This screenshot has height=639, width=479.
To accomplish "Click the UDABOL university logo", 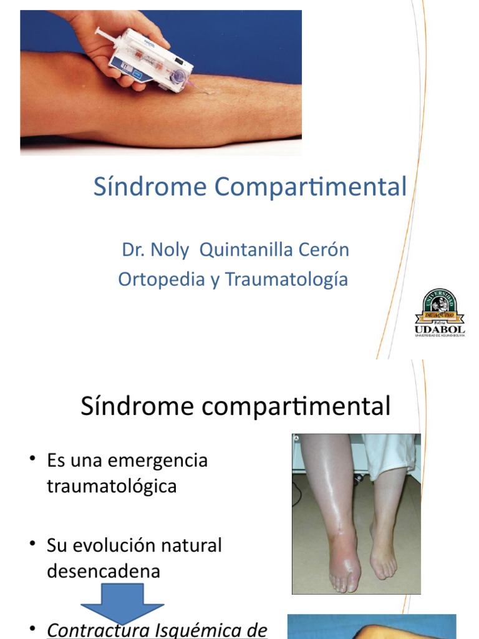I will pyautogui.click(x=440, y=312).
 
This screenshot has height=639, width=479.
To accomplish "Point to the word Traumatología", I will pyautogui.click(x=286, y=279).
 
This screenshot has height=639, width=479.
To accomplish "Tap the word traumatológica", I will pyautogui.click(x=112, y=485).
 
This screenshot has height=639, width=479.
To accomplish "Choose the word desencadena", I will pyautogui.click(x=104, y=570).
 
